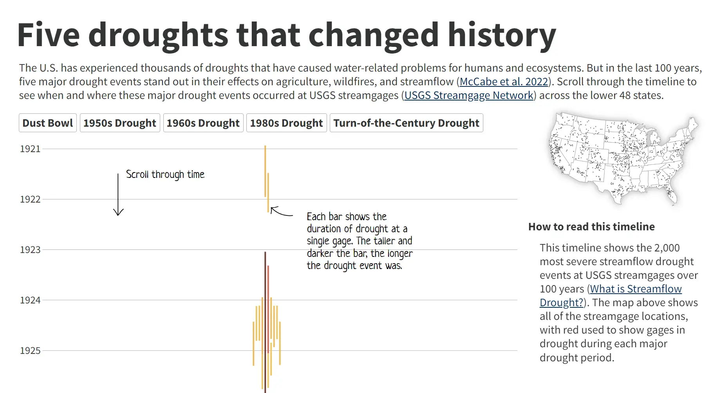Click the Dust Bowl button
pyautogui.click(x=47, y=123)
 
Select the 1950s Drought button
pyautogui.click(x=120, y=123)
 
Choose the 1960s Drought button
pyautogui.click(x=203, y=123)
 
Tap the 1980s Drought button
pyautogui.click(x=286, y=123)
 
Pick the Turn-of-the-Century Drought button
pyautogui.click(x=406, y=123)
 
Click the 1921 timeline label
pyautogui.click(x=30, y=149)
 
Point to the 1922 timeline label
pyautogui.click(x=30, y=199)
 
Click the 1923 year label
pyautogui.click(x=30, y=250)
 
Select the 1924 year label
pyautogui.click(x=30, y=300)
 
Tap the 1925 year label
pyautogui.click(x=30, y=351)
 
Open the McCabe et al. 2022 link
pyautogui.click(x=504, y=82)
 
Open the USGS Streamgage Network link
pyautogui.click(x=469, y=95)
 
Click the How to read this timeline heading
pyautogui.click(x=591, y=227)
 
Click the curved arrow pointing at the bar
pyautogui.click(x=281, y=212)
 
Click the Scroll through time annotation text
pyautogui.click(x=165, y=174)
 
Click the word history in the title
pyautogui.click(x=502, y=35)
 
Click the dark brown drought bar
pyautogui.click(x=265, y=313)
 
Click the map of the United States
pyautogui.click(x=622, y=158)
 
